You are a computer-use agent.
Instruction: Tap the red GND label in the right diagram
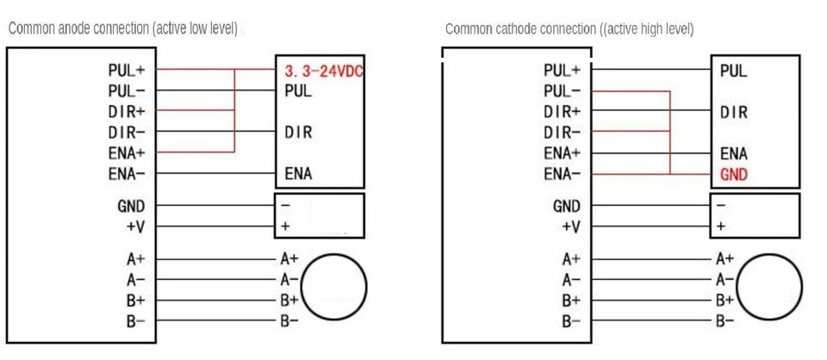pyautogui.click(x=733, y=175)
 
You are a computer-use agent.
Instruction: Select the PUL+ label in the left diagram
pyautogui.click(x=127, y=71)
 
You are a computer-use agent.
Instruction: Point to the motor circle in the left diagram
pyautogui.click(x=338, y=287)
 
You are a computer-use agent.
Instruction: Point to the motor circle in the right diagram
pyautogui.click(x=768, y=287)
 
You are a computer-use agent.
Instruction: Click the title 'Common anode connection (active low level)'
pyautogui.click(x=122, y=29)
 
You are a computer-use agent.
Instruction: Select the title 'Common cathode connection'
pyautogui.click(x=569, y=29)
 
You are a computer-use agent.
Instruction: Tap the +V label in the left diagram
pyautogui.click(x=135, y=227)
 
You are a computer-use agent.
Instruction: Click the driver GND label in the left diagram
pyautogui.click(x=131, y=207)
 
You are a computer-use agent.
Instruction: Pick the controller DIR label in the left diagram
pyautogui.click(x=298, y=133)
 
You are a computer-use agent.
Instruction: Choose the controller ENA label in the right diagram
pyautogui.click(x=733, y=154)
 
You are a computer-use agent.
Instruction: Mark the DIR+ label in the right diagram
pyautogui.click(x=562, y=112)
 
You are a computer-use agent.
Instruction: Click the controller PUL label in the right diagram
pyautogui.click(x=733, y=71)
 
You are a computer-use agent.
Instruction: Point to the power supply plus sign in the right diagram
pyautogui.click(x=720, y=227)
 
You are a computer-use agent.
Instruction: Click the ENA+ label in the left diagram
pyautogui.click(x=126, y=153)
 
